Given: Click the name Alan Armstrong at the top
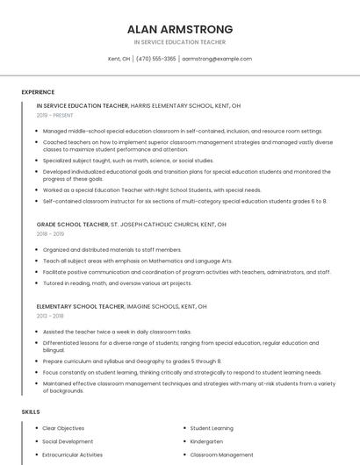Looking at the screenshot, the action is point(180,28).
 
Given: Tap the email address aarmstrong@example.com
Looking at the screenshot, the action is point(217,59).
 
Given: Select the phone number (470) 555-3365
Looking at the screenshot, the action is point(156,59).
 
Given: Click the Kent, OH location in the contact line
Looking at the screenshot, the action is point(119,59).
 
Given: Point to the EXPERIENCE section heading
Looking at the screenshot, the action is point(38,92).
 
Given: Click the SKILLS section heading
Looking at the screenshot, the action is point(31,411).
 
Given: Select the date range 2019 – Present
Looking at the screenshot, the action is point(56,115).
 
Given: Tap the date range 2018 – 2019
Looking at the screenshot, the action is point(50,234).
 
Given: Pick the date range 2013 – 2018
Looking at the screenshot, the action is point(50,316).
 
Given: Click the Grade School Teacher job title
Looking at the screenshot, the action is point(72,225).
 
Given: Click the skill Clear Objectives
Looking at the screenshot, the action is point(63,427).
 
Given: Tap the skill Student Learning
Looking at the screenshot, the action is point(212,427).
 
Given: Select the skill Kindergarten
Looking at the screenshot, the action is point(206,441).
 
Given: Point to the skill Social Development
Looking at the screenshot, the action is point(68,441).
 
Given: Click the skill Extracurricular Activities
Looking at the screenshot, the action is point(73,455).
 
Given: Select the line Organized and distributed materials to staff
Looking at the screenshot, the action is point(112,249).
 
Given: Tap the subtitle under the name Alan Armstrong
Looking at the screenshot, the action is point(180,41).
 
